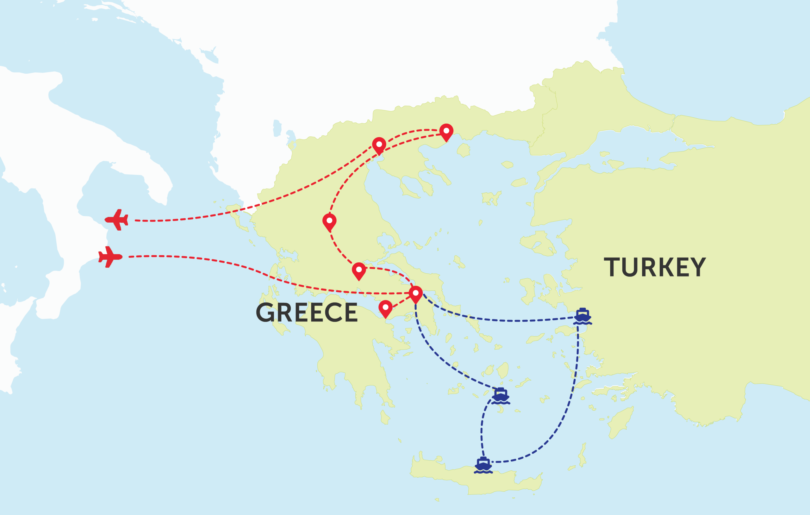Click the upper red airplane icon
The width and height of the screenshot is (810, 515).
point(117,220)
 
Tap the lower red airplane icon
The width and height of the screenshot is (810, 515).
point(110,257)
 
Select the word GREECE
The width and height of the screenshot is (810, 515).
point(307,313)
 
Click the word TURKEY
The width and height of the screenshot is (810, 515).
point(655,267)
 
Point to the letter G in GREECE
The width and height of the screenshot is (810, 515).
point(265,313)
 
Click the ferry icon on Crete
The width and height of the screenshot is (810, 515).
point(483,465)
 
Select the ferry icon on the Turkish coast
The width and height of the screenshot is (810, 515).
point(582,316)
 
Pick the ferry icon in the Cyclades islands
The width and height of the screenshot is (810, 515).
point(501,396)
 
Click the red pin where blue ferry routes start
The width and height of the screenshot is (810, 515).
point(416,294)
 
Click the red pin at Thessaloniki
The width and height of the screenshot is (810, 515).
point(379,145)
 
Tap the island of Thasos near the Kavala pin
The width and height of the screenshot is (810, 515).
point(464,150)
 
